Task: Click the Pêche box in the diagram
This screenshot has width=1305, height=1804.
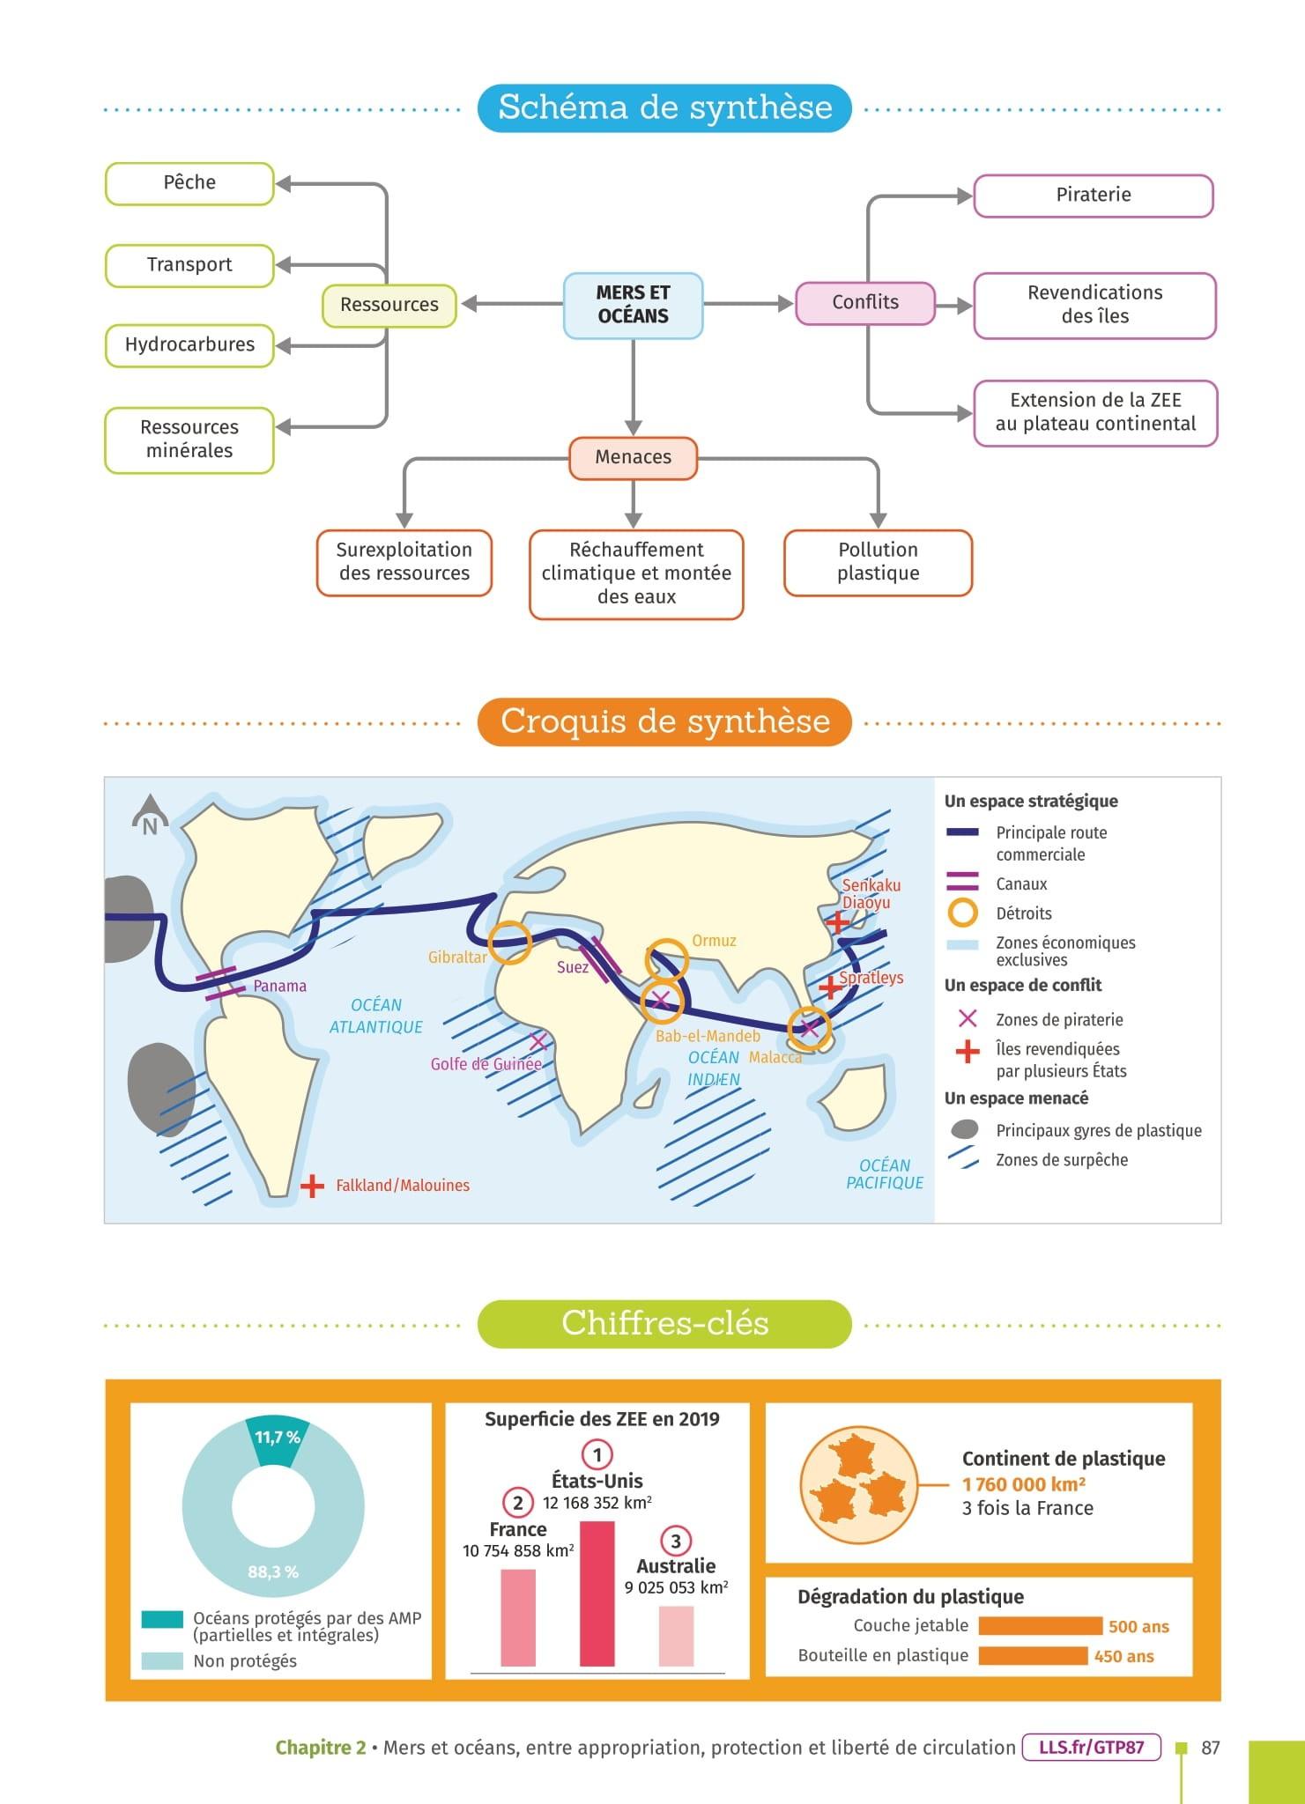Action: [x=189, y=183]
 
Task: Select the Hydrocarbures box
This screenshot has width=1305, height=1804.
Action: [x=189, y=344]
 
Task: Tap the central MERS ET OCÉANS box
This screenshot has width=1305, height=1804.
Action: [x=633, y=305]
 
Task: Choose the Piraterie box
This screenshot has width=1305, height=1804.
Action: [x=1093, y=195]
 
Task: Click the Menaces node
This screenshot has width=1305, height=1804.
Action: [x=633, y=457]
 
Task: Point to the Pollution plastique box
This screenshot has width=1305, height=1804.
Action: [x=878, y=562]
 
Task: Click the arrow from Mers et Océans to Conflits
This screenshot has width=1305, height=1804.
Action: [x=749, y=304]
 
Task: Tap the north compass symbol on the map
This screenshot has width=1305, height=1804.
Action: [x=150, y=816]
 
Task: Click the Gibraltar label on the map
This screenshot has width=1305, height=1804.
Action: [x=457, y=957]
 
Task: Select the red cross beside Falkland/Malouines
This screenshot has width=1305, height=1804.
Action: [x=312, y=1187]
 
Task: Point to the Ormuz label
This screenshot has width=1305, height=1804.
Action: [x=714, y=941]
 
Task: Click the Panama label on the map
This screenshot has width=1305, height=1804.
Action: [x=279, y=986]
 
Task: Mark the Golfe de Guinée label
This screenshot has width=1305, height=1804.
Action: [x=486, y=1064]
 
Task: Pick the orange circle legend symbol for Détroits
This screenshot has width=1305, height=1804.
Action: [x=963, y=913]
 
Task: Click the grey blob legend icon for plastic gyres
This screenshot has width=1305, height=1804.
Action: [x=965, y=1129]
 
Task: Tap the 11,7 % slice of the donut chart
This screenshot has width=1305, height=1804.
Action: [x=276, y=1440]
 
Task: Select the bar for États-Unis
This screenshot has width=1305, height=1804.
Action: [x=597, y=1593]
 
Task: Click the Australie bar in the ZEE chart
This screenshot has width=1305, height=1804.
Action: [x=676, y=1636]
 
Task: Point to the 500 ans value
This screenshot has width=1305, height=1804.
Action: [x=1138, y=1626]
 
